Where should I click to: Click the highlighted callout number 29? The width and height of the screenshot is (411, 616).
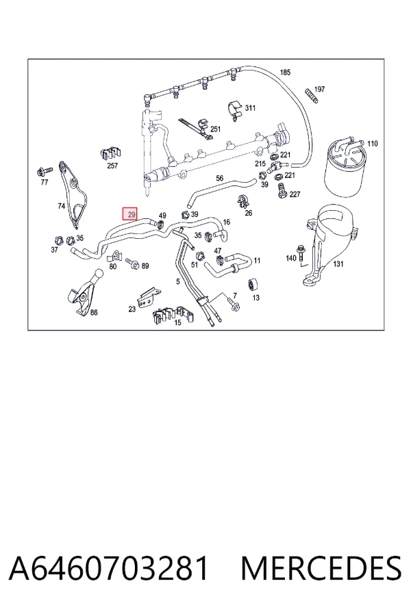(129, 214)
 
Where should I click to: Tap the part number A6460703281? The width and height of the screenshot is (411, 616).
(108, 569)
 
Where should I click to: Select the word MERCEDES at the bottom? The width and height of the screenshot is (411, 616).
(321, 569)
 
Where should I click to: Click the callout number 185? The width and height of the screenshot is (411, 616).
(285, 73)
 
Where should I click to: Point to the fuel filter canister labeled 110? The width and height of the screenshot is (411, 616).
(342, 168)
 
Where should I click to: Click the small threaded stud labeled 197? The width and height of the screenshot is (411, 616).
(311, 96)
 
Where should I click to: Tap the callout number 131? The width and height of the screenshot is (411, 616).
(338, 264)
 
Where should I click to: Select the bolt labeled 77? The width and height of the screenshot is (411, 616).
(44, 171)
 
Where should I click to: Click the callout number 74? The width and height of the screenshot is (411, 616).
(62, 205)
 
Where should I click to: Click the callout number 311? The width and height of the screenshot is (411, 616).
(250, 108)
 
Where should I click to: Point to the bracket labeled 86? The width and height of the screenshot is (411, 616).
(84, 292)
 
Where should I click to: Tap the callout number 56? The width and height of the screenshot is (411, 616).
(219, 179)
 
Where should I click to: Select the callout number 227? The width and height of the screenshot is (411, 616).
(295, 194)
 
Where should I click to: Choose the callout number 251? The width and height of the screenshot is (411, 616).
(216, 129)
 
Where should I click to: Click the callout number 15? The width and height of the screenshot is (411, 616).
(178, 322)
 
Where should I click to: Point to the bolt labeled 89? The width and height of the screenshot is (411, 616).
(132, 264)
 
